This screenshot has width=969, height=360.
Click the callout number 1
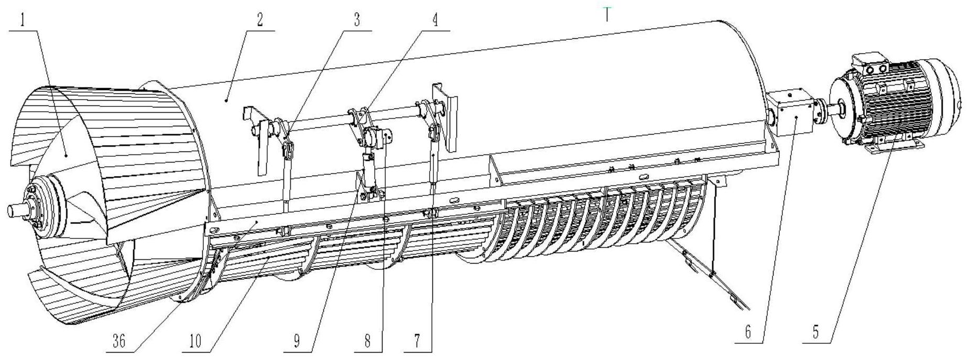tap(23, 21)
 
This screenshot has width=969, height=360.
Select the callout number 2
tap(259, 21)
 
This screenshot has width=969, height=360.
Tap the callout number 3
tap(357, 21)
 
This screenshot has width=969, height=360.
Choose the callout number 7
tap(417, 342)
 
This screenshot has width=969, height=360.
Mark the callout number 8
tap(367, 342)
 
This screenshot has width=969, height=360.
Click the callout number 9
tap(297, 342)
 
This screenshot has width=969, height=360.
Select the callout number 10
tap(195, 342)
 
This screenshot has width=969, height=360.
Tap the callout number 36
tap(119, 342)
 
